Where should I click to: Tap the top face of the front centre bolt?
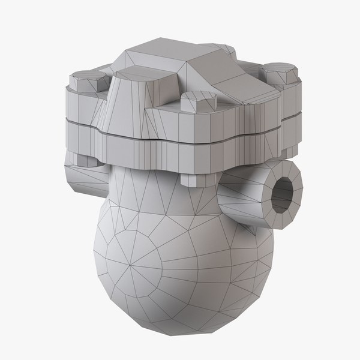point(195,96)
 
